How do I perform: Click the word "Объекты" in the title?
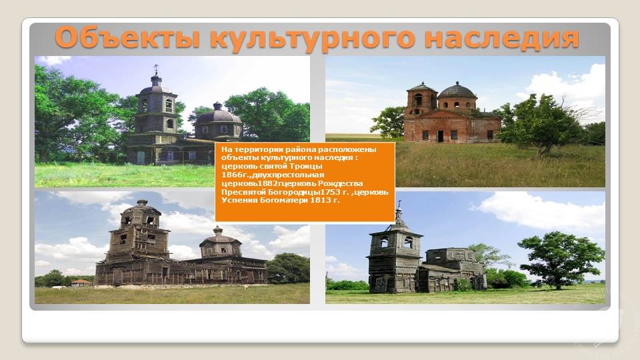tap(127, 38)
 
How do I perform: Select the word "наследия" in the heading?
tap(501, 38)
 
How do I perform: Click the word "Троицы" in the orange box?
tap(306, 166)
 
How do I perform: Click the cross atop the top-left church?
tap(156, 69)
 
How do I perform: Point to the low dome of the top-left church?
tap(219, 116)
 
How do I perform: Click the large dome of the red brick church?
tap(457, 91)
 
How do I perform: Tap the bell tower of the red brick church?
tap(421, 99)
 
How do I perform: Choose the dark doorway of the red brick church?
tap(440, 136)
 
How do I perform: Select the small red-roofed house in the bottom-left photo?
tap(81, 283)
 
